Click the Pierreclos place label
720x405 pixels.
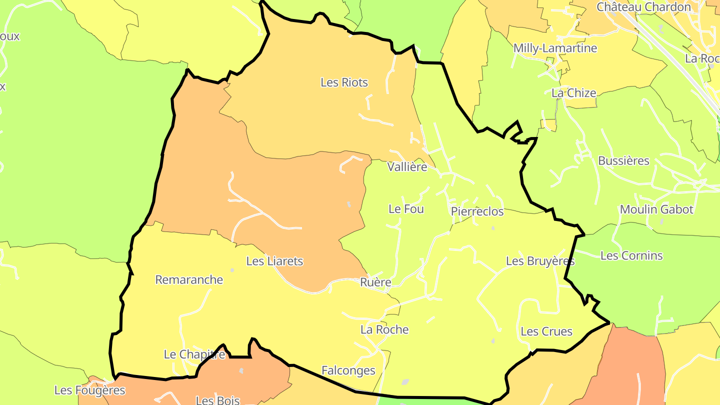(477, 211)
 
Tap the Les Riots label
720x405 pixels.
(344, 82)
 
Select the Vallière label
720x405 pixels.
(407, 167)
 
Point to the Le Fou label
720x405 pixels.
(406, 209)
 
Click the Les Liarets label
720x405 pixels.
(274, 261)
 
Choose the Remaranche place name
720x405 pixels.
(189, 279)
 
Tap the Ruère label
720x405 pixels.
(375, 282)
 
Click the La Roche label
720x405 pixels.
(384, 329)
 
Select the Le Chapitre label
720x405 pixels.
(194, 354)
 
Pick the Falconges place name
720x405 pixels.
(348, 370)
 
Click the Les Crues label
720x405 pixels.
(546, 331)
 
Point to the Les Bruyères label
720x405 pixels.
(540, 261)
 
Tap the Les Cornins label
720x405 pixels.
(631, 255)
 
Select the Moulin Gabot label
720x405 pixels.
(656, 209)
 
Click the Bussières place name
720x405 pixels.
(623, 161)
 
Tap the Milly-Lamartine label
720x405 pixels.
(555, 48)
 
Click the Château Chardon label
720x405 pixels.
(643, 7)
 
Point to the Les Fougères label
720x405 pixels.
(89, 390)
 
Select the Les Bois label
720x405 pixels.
(217, 400)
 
